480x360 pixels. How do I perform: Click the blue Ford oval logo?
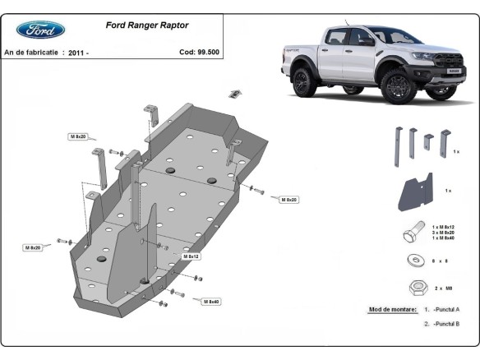click(x=40, y=30)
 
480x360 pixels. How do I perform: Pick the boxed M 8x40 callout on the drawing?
click(x=210, y=302)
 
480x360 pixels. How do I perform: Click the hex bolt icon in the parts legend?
click(x=414, y=233)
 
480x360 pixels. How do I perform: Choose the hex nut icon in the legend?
click(x=416, y=287)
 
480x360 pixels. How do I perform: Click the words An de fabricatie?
click(x=31, y=52)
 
